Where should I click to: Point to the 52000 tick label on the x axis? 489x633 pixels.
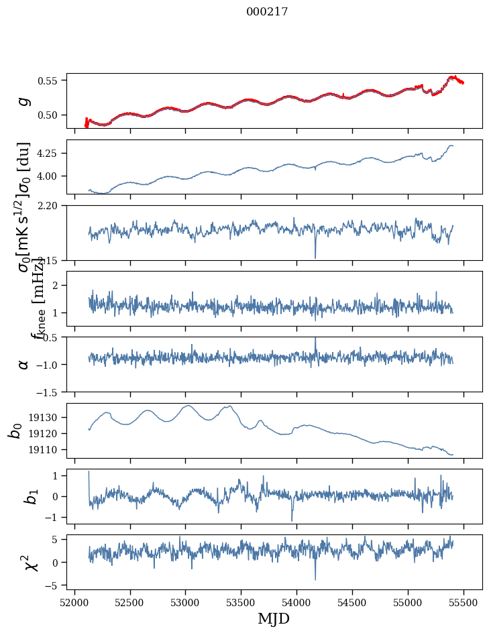click(74, 601)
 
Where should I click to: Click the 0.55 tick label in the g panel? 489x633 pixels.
click(49, 80)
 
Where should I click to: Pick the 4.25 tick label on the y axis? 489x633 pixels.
click(49, 154)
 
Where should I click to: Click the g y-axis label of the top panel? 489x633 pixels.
click(24, 101)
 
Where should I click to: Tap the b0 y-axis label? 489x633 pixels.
click(15, 430)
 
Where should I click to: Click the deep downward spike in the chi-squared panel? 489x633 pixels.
click(315, 578)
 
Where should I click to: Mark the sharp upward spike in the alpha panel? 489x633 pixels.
click(315, 339)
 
